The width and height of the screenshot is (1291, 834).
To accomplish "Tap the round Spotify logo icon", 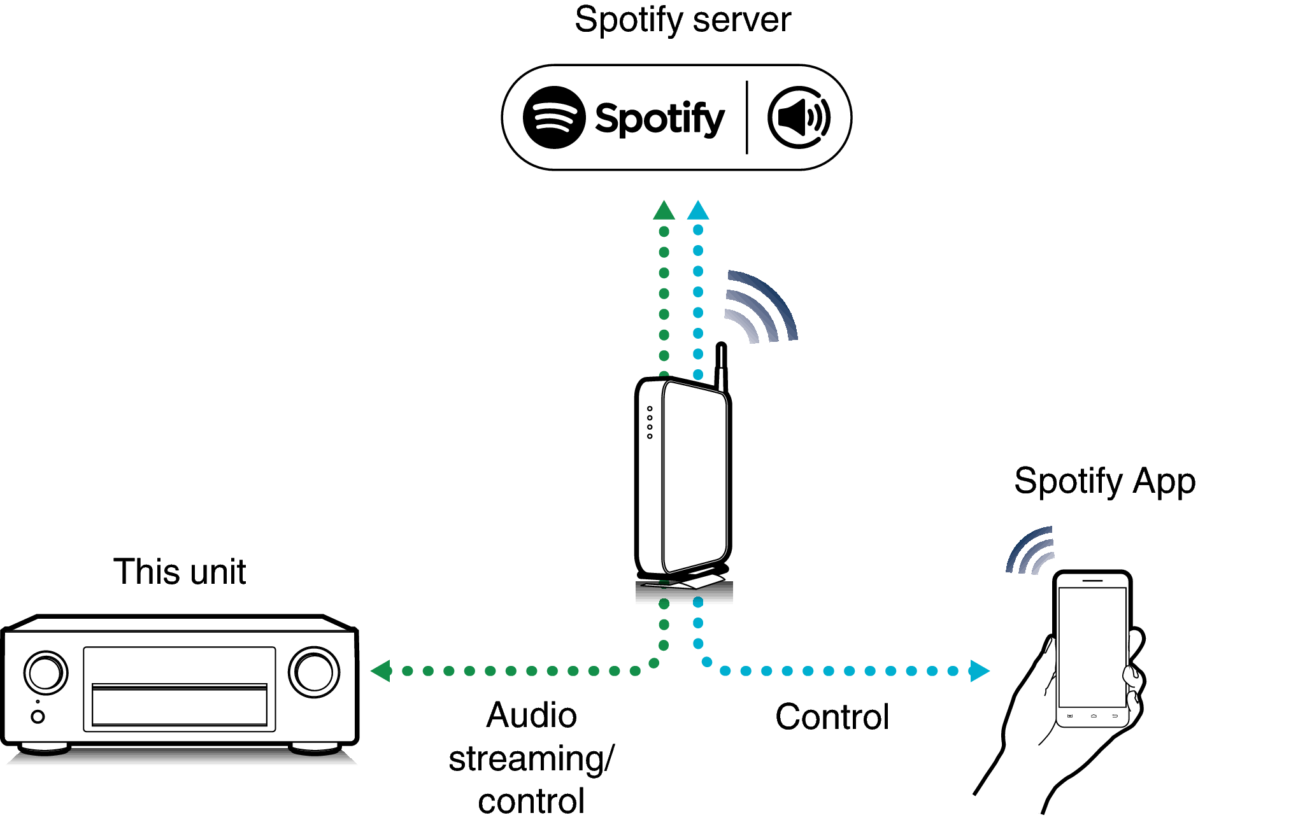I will [x=553, y=118].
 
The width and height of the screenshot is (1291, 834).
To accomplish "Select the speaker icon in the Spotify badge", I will [x=799, y=118].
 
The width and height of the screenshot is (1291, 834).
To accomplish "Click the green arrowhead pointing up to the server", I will [x=664, y=211].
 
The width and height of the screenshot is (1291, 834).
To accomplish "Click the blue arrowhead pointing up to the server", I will [x=698, y=211].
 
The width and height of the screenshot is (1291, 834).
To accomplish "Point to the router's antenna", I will [x=721, y=366].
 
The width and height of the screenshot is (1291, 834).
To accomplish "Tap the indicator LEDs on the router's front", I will [x=650, y=422].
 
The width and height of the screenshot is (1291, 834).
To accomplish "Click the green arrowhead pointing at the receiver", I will [x=381, y=670].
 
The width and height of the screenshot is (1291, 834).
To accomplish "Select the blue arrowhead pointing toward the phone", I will [x=979, y=670].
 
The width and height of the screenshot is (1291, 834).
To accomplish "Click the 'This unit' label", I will [x=180, y=572].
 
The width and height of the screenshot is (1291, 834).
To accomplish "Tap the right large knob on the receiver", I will [x=314, y=672].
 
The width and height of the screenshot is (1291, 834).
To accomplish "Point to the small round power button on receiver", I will [x=38, y=717].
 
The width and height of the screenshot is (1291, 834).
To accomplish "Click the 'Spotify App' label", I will [x=1104, y=481].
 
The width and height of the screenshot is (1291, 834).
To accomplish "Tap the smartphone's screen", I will [x=1092, y=646].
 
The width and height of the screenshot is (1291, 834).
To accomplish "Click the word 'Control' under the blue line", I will [x=832, y=717].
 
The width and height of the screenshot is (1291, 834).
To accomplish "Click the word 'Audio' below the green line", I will [x=531, y=716].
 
